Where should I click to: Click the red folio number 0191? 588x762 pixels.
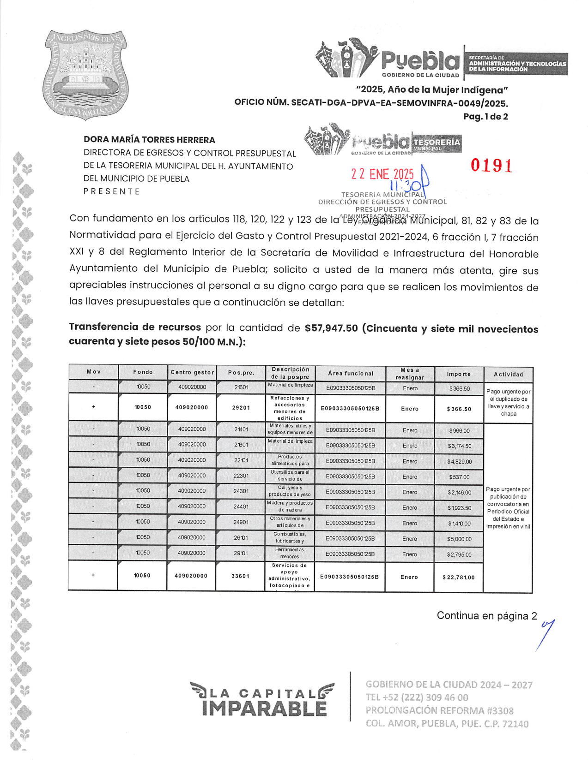tap(491, 166)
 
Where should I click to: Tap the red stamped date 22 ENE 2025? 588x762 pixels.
tap(382, 174)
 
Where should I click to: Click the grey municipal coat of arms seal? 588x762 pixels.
tap(86, 74)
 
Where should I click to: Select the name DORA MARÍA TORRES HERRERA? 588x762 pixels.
tap(149, 140)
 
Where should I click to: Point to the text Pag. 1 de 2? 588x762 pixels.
tap(485, 117)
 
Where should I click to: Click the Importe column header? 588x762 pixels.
tap(459, 374)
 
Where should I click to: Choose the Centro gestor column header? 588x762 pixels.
tap(192, 372)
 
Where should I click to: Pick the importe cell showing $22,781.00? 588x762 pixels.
tap(458, 577)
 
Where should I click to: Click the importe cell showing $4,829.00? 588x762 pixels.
tap(459, 462)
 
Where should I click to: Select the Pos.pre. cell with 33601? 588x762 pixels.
tap(241, 576)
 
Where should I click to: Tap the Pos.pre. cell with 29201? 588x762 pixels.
tap(241, 408)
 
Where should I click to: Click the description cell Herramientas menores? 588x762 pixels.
tap(290, 553)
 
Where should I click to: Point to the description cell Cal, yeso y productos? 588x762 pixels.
tap(290, 491)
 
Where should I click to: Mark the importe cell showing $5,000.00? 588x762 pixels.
tap(459, 539)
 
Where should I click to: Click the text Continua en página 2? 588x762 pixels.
tap(487, 616)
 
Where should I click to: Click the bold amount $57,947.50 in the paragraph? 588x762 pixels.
tap(331, 328)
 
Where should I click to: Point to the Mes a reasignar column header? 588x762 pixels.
tap(410, 374)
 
